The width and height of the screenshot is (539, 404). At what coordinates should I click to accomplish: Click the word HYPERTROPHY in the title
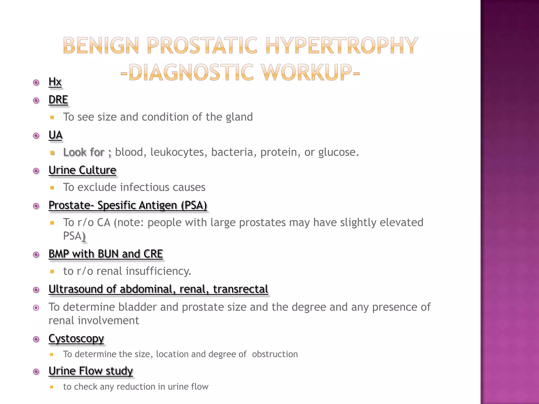coord(341,46)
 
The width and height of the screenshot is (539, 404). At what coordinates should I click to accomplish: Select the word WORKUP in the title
coord(307,72)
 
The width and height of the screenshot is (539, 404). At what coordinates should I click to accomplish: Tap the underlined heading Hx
coord(55,82)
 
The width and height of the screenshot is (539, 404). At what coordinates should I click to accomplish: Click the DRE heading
coord(58,100)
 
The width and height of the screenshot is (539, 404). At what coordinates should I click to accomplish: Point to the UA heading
coord(56,135)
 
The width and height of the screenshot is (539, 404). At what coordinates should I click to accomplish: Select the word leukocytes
coord(177,152)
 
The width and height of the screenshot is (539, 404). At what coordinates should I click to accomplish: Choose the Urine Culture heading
coord(82,170)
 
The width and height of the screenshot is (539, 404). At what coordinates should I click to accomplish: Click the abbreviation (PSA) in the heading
coord(194,205)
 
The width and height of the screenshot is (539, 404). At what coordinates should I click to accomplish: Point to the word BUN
coord(108,254)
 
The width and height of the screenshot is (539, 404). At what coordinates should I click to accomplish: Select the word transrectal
coord(241,289)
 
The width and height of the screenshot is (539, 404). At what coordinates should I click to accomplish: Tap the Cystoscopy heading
coord(76,339)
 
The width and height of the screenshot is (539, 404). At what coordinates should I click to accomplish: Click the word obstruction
coord(275,354)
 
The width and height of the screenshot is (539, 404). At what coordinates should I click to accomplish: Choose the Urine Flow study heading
coord(91,371)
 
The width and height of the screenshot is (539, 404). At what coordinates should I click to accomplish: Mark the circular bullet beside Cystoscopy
coord(36,339)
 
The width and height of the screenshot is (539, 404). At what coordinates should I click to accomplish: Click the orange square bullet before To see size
coord(52,118)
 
